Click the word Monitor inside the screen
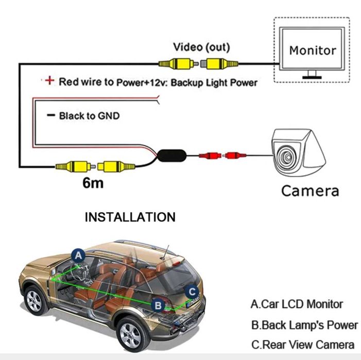click(x=312, y=50)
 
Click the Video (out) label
click(x=201, y=48)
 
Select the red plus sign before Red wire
click(x=49, y=81)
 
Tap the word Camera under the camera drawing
click(x=310, y=190)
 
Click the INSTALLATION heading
click(x=130, y=217)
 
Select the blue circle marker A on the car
click(x=78, y=255)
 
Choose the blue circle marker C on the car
click(x=192, y=291)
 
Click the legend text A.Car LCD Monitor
click(x=297, y=304)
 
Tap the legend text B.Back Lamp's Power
click(x=304, y=325)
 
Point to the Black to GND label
click(x=89, y=116)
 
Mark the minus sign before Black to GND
click(x=50, y=116)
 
